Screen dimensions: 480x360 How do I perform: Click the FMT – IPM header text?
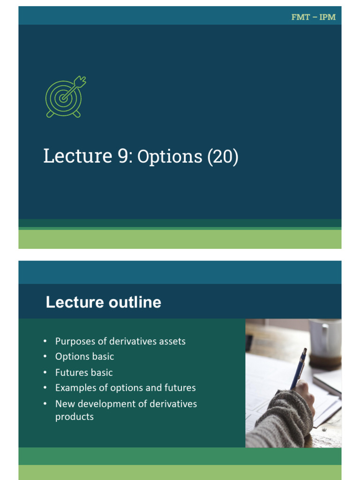pos(314,17)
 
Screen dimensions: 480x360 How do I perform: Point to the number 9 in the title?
pos(122,156)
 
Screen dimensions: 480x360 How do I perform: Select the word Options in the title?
pos(170,157)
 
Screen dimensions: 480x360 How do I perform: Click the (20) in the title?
pos(223,157)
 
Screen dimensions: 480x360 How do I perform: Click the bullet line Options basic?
pos(84,356)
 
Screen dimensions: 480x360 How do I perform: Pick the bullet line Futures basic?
pos(84,372)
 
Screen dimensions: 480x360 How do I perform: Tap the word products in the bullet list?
pos(75,416)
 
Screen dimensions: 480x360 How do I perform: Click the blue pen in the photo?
pos(298,368)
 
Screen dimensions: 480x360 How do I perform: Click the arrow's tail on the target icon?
pos(81,81)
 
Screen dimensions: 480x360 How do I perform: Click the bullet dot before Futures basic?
pos(45,373)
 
